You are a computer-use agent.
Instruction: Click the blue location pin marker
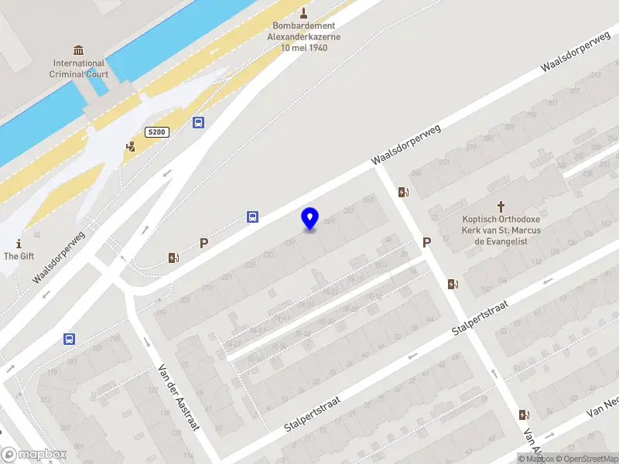click(309, 219)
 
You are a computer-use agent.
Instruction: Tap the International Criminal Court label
click(78, 69)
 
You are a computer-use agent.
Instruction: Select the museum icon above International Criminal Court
click(78, 47)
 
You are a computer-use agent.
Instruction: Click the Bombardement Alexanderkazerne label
click(303, 36)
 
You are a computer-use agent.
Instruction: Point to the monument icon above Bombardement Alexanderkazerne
click(303, 12)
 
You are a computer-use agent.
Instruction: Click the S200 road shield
click(156, 132)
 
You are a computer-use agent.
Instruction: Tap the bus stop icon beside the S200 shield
click(199, 123)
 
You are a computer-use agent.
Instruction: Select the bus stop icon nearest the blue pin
click(252, 217)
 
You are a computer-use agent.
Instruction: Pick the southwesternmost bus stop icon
click(69, 339)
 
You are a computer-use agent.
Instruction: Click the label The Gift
click(19, 256)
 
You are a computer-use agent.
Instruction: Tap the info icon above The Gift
click(18, 242)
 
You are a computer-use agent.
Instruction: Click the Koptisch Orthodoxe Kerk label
click(501, 230)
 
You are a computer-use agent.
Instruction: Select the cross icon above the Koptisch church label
click(501, 206)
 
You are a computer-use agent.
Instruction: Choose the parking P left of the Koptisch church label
click(426, 243)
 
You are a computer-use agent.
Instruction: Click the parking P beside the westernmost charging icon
click(204, 243)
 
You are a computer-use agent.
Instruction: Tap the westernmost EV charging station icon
click(174, 258)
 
